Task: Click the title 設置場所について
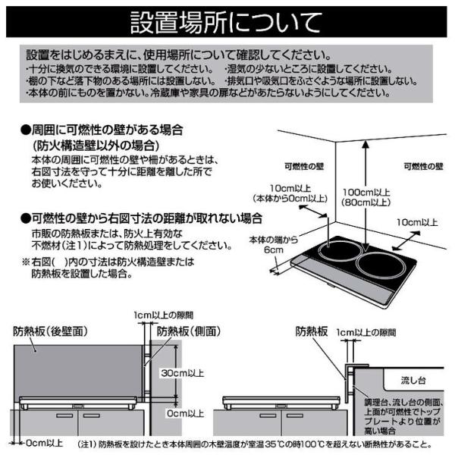click(226, 22)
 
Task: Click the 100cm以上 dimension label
click(366, 192)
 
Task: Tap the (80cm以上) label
click(366, 202)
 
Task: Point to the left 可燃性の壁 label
click(304, 166)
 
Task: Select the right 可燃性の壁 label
click(423, 166)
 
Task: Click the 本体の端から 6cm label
click(274, 245)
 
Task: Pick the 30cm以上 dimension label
click(183, 373)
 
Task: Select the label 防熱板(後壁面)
click(50, 331)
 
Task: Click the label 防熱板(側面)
click(189, 331)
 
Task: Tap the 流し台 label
click(413, 380)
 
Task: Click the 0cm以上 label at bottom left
click(44, 443)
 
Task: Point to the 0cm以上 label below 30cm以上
click(186, 413)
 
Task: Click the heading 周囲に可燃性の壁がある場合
click(102, 130)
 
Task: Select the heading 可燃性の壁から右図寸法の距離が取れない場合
click(141, 218)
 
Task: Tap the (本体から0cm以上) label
click(290, 199)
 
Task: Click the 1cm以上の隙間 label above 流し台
click(366, 333)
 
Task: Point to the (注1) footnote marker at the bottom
click(86, 444)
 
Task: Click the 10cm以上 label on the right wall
click(417, 222)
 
